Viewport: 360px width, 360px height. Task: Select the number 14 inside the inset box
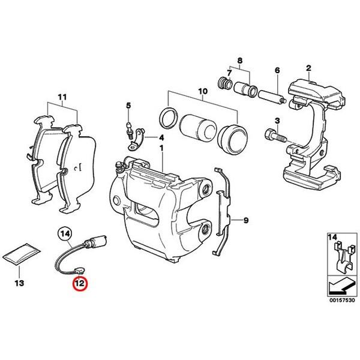pos(332,238)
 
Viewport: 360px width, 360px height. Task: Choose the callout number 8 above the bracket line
pos(241,61)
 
